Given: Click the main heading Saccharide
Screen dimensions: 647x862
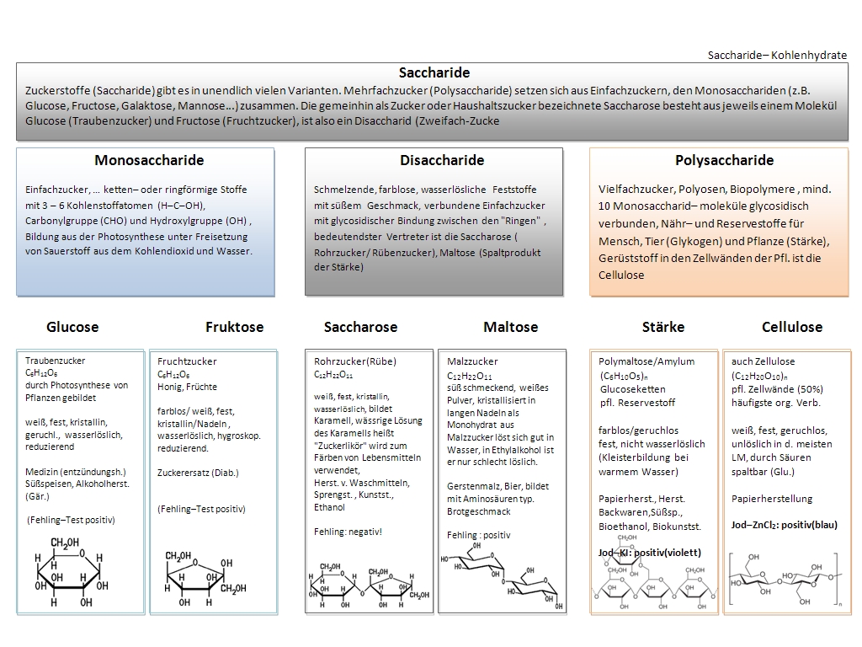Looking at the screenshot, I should click(434, 72).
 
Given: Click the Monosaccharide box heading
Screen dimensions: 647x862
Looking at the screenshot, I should click(149, 160).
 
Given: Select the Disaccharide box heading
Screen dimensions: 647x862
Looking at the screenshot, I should click(442, 160).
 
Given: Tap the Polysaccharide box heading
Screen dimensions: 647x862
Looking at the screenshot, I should click(724, 160).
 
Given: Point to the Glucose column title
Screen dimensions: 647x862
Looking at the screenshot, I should click(72, 327).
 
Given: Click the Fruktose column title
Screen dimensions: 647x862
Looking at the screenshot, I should click(234, 327).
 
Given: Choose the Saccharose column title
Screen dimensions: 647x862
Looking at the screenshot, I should click(360, 327).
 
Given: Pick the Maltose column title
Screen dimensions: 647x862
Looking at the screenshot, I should click(510, 327).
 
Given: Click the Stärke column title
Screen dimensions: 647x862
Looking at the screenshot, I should click(663, 327).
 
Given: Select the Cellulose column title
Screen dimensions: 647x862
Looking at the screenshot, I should click(792, 327).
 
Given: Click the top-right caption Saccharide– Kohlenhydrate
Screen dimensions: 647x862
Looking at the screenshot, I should click(777, 55).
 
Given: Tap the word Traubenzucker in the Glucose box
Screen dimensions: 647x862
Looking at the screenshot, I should click(55, 361).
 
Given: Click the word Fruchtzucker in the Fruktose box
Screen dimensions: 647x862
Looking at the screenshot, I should click(187, 361).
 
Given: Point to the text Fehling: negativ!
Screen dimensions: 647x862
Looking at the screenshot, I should click(348, 532).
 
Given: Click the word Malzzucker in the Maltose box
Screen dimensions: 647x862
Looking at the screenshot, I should click(472, 361).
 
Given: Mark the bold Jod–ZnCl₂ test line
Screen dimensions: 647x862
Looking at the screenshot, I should click(785, 525).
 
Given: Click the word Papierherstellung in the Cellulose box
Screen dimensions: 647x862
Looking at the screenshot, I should click(772, 499).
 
